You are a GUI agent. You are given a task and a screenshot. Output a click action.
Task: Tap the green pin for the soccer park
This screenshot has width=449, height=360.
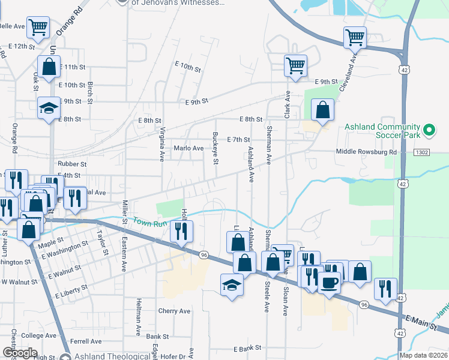[429, 130]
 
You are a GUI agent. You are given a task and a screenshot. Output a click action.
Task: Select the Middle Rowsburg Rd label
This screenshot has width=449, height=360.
[366, 152]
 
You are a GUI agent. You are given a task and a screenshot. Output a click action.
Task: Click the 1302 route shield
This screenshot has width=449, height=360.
[421, 152]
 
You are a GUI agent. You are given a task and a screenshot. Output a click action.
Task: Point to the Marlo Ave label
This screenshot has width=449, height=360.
[189, 148]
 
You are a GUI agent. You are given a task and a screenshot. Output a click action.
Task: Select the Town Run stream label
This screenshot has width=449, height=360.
[149, 223]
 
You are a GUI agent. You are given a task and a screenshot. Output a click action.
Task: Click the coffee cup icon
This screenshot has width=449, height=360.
[328, 282]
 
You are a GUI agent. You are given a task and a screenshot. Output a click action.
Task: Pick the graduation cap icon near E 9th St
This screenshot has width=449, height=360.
[49, 108]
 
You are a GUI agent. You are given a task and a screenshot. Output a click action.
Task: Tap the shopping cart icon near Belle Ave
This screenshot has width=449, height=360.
[38, 28]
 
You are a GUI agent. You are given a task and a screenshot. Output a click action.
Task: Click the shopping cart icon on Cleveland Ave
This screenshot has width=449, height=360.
[355, 37]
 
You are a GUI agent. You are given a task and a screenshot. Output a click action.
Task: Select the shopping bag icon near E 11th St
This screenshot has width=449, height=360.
[49, 67]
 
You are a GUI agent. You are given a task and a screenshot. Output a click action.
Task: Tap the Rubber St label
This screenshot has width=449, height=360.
[72, 163]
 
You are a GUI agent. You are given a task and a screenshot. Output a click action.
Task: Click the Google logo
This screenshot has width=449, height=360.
[20, 353]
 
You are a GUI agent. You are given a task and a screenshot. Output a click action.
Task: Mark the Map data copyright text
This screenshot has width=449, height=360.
[423, 355]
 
